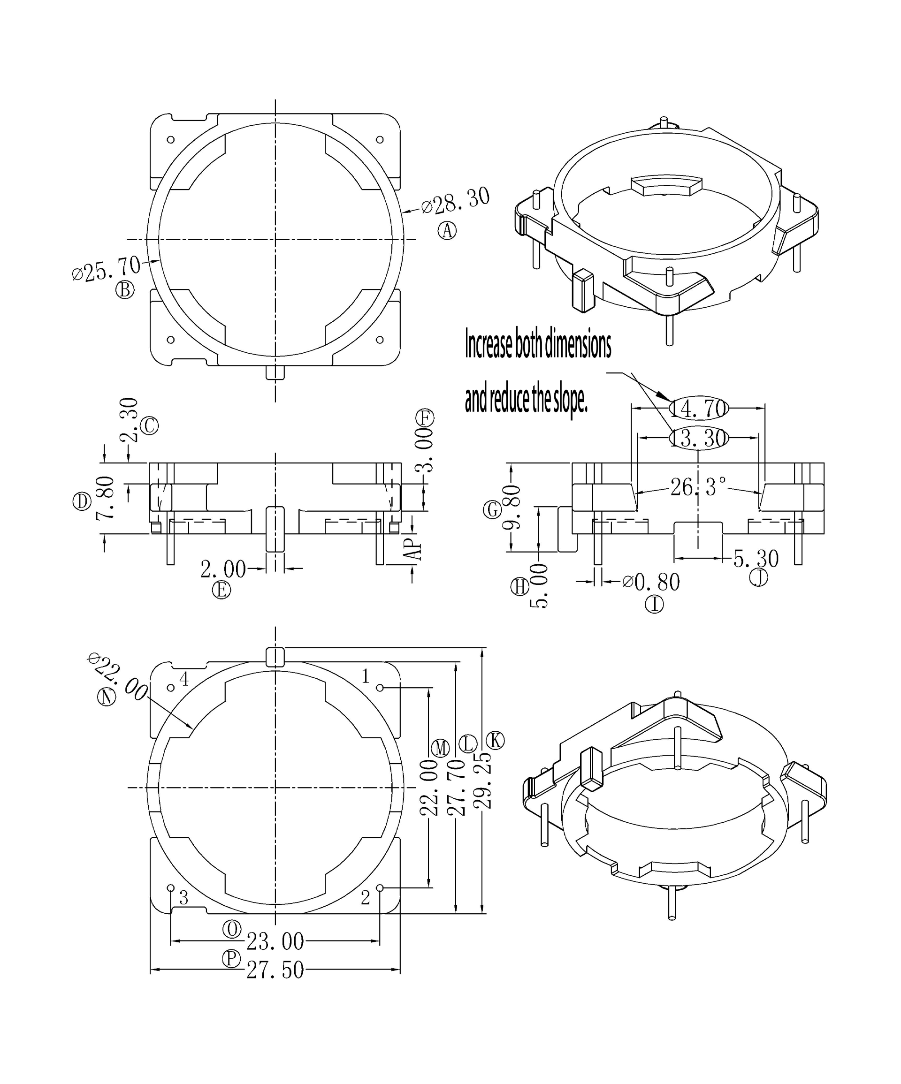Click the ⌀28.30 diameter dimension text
tap(455, 201)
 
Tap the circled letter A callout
tap(447, 230)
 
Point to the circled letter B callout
tap(125, 289)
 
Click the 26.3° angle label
tap(698, 487)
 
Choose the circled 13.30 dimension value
tap(699, 438)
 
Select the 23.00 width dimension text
tap(275, 941)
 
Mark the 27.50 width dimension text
tap(275, 970)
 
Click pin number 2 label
tap(365, 898)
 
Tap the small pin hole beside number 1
tap(380, 688)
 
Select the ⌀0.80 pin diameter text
tap(652, 582)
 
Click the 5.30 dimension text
tap(756, 559)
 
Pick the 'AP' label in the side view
tap(413, 549)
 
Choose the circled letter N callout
tap(107, 697)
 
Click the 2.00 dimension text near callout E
tap(223, 569)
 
